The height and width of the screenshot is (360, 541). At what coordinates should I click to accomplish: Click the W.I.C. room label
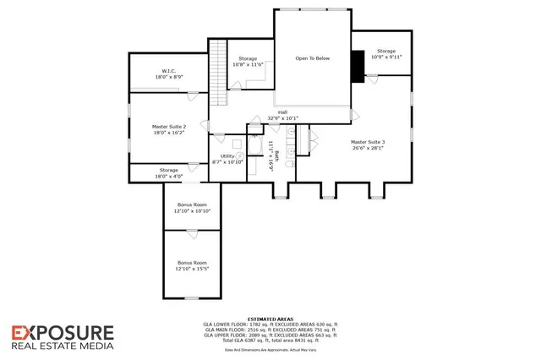169,74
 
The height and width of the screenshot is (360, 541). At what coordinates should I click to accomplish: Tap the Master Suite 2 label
169,128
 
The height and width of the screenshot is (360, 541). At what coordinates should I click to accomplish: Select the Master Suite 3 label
367,144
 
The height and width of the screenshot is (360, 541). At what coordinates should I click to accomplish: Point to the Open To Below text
312,59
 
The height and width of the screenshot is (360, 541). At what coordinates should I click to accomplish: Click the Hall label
283,115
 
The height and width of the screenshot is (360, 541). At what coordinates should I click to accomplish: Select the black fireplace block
357,66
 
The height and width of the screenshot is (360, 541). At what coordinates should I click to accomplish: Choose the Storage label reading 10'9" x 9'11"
386,54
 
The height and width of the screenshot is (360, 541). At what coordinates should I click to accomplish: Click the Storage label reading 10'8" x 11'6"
247,61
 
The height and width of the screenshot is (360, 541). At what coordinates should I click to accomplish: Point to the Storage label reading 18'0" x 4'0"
169,173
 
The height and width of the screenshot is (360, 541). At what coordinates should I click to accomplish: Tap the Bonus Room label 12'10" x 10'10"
192,208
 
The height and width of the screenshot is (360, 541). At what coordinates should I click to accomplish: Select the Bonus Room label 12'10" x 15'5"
192,265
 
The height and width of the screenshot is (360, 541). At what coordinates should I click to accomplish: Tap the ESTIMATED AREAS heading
270,319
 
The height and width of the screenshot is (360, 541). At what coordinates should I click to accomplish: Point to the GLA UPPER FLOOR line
270,334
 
